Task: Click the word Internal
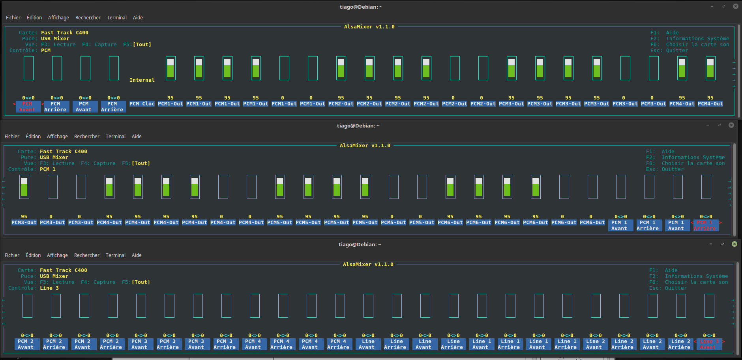click(x=142, y=80)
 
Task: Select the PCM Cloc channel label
click(x=142, y=104)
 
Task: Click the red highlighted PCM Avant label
click(x=27, y=107)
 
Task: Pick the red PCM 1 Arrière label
click(x=705, y=225)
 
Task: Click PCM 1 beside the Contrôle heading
click(x=48, y=169)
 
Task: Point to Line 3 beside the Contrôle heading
click(x=49, y=288)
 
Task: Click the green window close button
click(x=735, y=244)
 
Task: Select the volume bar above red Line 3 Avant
click(x=709, y=306)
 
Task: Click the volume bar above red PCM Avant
click(x=28, y=68)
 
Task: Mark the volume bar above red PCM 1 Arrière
click(x=706, y=187)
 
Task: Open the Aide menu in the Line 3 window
click(x=137, y=255)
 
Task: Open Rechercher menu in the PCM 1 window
click(x=87, y=137)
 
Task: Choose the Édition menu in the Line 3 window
click(x=33, y=255)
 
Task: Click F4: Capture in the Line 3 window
click(x=98, y=282)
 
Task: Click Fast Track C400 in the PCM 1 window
click(x=64, y=152)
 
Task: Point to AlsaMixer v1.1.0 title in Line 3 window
click(x=368, y=264)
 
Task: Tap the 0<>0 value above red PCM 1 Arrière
click(x=706, y=217)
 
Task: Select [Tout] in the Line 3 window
click(x=141, y=282)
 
